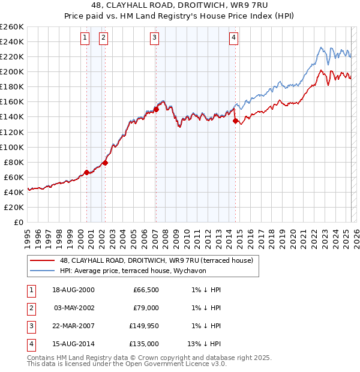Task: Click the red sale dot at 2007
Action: coord(156,109)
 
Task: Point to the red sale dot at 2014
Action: coord(235,120)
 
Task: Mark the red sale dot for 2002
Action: coord(105,162)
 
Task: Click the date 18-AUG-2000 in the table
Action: coord(73,290)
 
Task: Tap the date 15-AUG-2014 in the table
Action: coord(73,344)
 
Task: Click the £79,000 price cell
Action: coord(145,308)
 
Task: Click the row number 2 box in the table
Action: coord(31,308)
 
